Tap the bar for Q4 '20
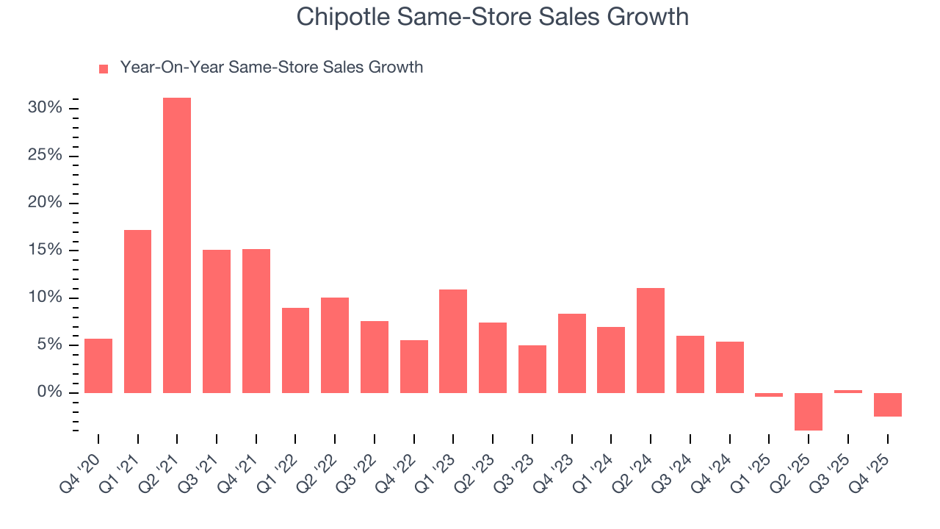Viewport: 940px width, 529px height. pyautogui.click(x=98, y=365)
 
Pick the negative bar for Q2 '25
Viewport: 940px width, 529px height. pyautogui.click(x=809, y=411)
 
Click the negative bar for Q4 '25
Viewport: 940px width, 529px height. pyautogui.click(x=887, y=405)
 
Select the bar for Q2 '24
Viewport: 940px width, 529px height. pyautogui.click(x=651, y=340)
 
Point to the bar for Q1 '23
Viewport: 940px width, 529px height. pyautogui.click(x=453, y=341)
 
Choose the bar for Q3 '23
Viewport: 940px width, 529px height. pyautogui.click(x=532, y=369)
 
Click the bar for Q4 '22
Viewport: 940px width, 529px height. pyautogui.click(x=414, y=366)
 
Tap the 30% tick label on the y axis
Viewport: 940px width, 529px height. pyautogui.click(x=45, y=108)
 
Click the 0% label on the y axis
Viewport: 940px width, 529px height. pyautogui.click(x=49, y=392)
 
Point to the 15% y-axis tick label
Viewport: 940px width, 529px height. pyautogui.click(x=45, y=250)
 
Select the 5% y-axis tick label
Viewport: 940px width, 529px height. pyautogui.click(x=49, y=345)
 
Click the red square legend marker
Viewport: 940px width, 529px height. pyautogui.click(x=104, y=68)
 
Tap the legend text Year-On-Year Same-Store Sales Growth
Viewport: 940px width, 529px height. pyautogui.click(x=271, y=68)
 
